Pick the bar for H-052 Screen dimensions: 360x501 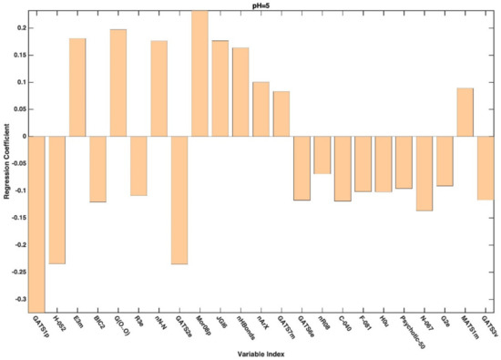point(56,200)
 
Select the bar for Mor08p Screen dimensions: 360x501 point(199,73)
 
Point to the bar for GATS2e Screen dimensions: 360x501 point(179,200)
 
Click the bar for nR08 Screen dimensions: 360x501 point(322,155)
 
